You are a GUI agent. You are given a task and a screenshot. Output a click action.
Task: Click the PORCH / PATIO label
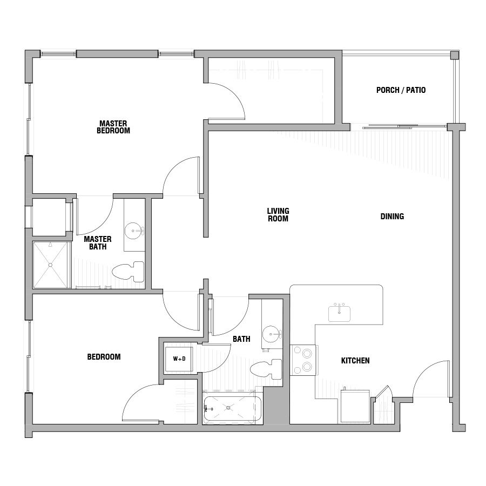coord(401,90)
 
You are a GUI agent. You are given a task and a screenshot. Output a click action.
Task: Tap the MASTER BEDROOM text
coord(113,127)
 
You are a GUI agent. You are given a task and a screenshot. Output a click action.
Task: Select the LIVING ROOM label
coord(278,215)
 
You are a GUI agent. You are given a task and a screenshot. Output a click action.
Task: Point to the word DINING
coord(392,217)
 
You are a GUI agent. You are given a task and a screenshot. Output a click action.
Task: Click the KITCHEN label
coord(355,360)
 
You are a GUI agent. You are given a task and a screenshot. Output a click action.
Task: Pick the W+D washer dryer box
coord(178,358)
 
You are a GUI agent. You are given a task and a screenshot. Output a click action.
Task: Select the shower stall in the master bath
coord(52,265)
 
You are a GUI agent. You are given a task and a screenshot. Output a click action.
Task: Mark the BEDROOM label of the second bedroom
coord(104,357)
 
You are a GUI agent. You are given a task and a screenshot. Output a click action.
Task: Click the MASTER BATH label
coord(98,243)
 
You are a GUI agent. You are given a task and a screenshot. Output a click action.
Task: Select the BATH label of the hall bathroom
coord(241,340)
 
